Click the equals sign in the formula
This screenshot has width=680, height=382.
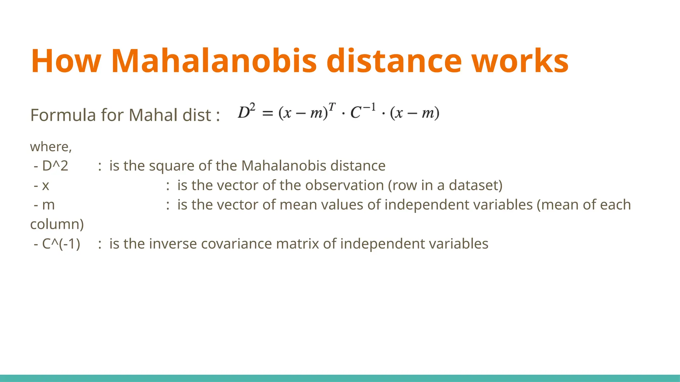(268, 113)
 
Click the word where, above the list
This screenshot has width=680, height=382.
(51, 147)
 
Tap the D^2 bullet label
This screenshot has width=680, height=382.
(55, 166)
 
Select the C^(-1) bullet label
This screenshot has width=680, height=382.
(61, 244)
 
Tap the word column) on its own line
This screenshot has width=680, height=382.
(57, 224)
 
